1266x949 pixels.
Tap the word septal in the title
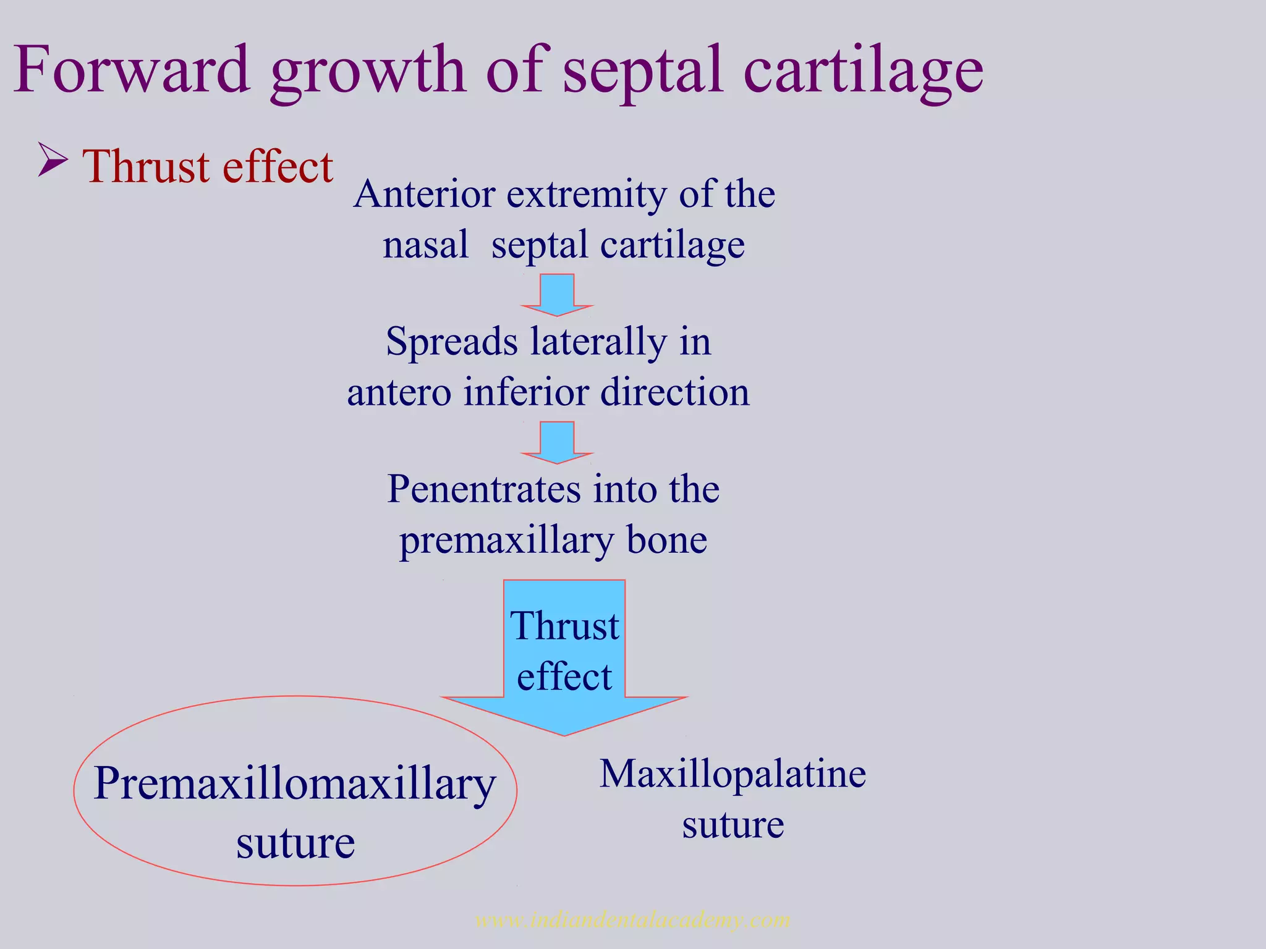tap(643, 71)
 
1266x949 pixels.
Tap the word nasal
tap(425, 245)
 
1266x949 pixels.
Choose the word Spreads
tap(452, 342)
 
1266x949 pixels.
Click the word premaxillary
tap(507, 541)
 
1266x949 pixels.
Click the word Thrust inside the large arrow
tap(564, 626)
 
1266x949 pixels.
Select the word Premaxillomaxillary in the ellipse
tap(294, 784)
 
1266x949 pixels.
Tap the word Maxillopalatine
tap(733, 774)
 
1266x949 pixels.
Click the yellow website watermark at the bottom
tap(632, 921)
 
